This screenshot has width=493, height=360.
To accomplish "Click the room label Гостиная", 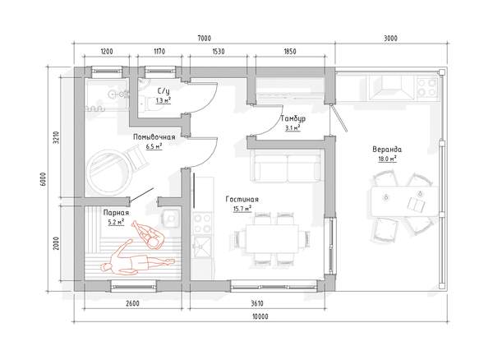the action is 242,200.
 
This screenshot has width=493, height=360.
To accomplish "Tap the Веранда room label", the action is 387,149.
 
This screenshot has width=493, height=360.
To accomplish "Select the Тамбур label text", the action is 293,118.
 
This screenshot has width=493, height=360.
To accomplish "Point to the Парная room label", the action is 116,213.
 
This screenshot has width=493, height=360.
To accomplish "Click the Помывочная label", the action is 154,137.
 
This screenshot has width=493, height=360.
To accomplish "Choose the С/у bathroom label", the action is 164,91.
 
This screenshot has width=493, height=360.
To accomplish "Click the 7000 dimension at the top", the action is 204,39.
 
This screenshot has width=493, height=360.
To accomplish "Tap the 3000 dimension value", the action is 390,39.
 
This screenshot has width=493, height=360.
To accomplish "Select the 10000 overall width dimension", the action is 260,316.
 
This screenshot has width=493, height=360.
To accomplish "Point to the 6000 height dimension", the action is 43,179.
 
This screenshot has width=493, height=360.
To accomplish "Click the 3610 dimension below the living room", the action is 257,303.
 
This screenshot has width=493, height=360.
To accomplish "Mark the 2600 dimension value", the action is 132,303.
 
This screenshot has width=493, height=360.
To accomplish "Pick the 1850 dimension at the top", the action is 290,51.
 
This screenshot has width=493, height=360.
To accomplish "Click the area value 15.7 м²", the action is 242,209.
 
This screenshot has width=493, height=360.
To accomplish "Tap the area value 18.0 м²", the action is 387,159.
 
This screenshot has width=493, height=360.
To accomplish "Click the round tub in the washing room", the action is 108,172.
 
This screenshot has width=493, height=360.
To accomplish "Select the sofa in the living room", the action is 288,166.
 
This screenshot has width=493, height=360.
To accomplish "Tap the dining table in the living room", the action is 272,238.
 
